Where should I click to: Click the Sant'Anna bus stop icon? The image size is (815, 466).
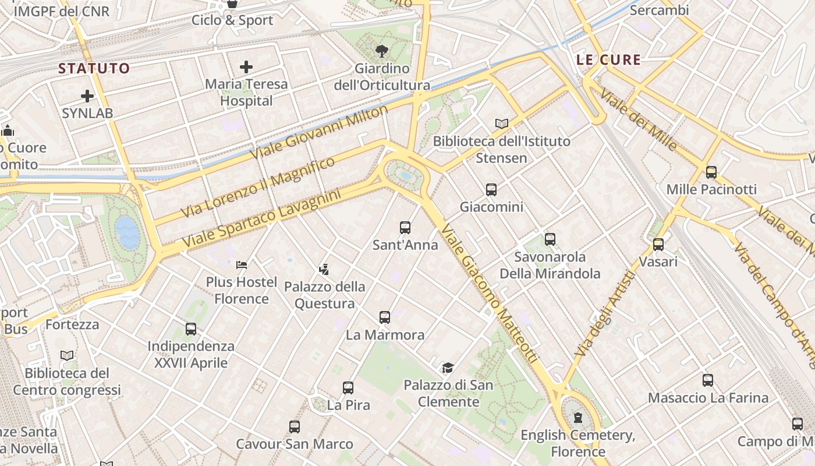[x=405, y=228]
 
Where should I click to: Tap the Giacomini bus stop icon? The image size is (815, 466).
[x=491, y=189]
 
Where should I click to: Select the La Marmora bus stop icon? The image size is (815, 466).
[x=385, y=317]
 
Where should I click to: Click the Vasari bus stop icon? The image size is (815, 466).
[x=658, y=245]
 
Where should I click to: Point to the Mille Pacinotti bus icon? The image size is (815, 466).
[x=711, y=172]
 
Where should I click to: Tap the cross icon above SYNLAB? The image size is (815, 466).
[x=87, y=96]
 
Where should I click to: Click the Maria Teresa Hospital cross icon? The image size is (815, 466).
[x=246, y=67]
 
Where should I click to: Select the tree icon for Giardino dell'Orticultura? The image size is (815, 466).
[x=382, y=51]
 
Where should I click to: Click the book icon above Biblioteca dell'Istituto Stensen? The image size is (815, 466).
[x=502, y=123]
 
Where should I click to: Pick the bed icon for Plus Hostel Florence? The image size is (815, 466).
[x=242, y=265]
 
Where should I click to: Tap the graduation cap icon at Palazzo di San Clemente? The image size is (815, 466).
[x=448, y=368]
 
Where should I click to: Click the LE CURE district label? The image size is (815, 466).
[x=608, y=59]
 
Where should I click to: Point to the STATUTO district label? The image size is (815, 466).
[x=94, y=68]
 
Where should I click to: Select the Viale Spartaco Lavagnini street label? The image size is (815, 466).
[x=261, y=218]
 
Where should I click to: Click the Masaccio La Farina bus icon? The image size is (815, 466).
[x=708, y=380]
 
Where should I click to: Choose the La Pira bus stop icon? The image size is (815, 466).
[x=348, y=387]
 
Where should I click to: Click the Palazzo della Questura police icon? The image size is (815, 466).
[x=324, y=269]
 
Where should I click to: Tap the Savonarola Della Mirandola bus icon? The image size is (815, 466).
[x=550, y=239]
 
